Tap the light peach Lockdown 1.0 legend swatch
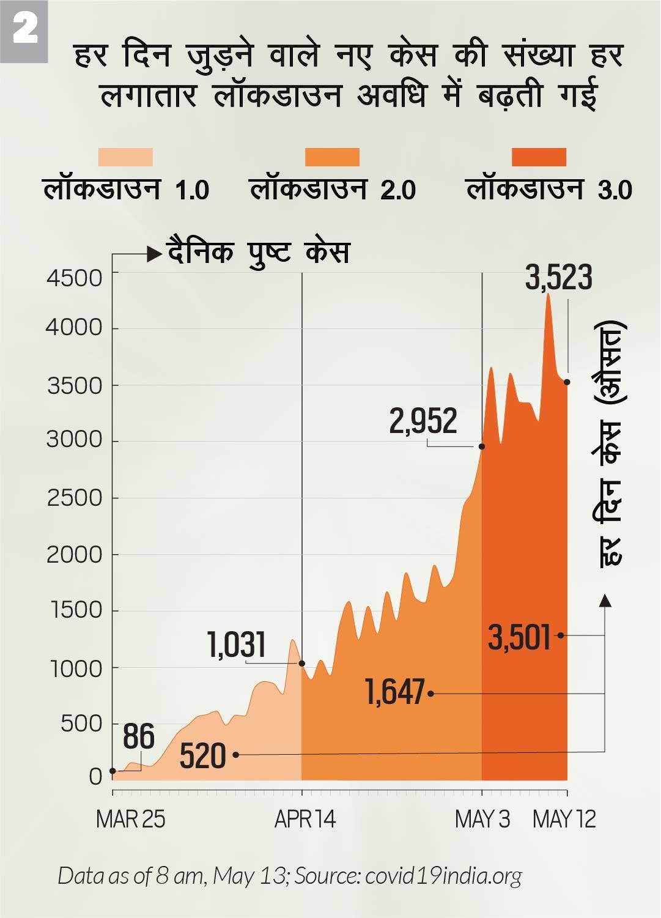tap(125, 157)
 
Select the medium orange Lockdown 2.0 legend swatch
tap(332, 157)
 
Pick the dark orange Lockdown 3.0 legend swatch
tap(539, 157)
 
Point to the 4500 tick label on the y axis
tap(75, 278)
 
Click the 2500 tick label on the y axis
tap(75, 498)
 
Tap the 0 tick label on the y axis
tap(95, 777)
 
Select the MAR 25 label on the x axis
tap(130, 820)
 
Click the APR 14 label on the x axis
tap(305, 820)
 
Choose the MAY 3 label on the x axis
tap(482, 820)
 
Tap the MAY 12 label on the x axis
tap(564, 820)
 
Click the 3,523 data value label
tap(559, 278)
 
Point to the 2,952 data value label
tap(423, 421)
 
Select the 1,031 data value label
tap(237, 645)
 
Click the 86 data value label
tap(139, 736)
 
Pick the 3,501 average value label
tap(520, 637)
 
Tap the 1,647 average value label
tap(395, 692)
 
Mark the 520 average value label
tap(203, 756)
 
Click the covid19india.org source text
tap(443, 876)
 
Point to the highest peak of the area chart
tap(548, 295)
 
